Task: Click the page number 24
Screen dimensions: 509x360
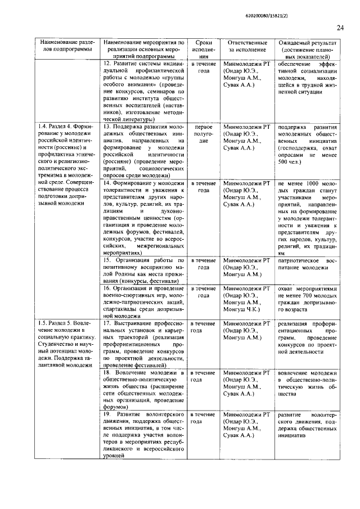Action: [340, 27]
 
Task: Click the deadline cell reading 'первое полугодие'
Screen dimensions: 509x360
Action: [204, 134]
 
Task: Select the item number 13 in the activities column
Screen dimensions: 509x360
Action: [109, 127]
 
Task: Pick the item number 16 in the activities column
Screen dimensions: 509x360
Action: [109, 288]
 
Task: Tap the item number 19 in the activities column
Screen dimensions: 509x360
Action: [109, 414]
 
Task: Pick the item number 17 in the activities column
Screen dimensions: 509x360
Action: [108, 323]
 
